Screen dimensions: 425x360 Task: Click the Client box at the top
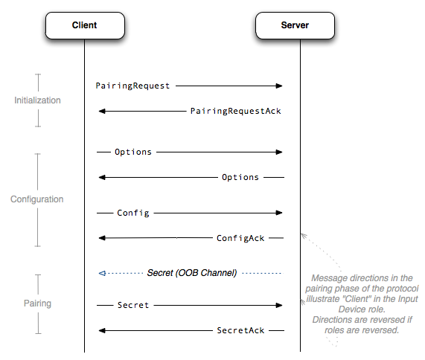(x=85, y=25)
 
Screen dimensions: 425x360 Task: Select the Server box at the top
(x=295, y=25)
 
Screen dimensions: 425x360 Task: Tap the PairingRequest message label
(x=132, y=86)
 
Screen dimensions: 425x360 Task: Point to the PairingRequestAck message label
(x=236, y=111)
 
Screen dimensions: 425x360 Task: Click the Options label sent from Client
(x=133, y=152)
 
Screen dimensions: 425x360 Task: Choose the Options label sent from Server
(x=240, y=177)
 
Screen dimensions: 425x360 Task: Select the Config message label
(x=133, y=213)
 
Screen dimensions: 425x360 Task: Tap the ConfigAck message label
(x=240, y=238)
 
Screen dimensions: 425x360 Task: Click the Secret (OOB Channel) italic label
(x=192, y=273)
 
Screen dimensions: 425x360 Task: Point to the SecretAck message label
(x=240, y=330)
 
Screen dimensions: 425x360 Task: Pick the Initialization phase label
(x=37, y=100)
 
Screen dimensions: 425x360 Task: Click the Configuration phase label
(x=37, y=199)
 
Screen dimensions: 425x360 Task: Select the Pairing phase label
(x=37, y=303)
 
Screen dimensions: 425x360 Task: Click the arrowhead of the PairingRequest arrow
(x=279, y=86)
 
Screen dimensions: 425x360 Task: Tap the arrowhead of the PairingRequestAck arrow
(x=102, y=111)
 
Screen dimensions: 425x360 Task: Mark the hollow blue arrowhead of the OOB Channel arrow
(x=102, y=273)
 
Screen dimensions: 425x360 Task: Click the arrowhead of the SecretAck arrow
(x=102, y=330)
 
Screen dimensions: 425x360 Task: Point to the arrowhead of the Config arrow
(x=279, y=213)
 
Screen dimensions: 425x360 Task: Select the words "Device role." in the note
(x=362, y=309)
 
